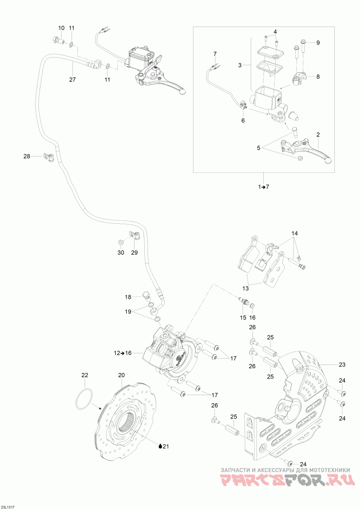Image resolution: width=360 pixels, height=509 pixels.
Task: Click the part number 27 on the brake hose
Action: (x=72, y=80)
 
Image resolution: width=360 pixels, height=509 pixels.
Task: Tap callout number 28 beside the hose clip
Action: (x=27, y=157)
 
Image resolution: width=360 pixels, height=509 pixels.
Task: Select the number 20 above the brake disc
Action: (x=121, y=375)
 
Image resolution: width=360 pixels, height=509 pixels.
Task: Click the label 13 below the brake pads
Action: (x=246, y=288)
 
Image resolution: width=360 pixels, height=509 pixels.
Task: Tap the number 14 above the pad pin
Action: (x=294, y=234)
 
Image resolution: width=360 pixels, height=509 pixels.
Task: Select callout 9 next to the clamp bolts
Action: (x=317, y=43)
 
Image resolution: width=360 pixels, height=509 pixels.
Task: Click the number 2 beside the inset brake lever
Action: (x=318, y=135)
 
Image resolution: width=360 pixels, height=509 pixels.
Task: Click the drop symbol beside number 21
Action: (x=160, y=446)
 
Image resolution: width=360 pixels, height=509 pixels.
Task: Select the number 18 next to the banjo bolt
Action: (x=128, y=297)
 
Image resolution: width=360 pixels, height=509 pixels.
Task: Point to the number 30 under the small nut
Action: (x=121, y=253)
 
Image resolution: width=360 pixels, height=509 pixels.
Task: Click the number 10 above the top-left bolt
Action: (x=62, y=28)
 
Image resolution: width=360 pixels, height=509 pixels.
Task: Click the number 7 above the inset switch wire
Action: (x=215, y=54)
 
